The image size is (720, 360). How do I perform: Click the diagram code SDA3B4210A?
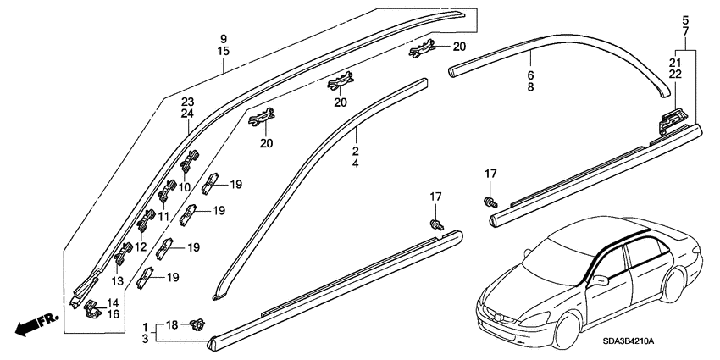click(x=629, y=342)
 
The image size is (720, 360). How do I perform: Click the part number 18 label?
click(x=171, y=325)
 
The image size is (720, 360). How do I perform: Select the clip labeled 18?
click(x=197, y=324)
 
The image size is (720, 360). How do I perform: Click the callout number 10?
click(x=184, y=187)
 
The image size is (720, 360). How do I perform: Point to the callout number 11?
click(x=164, y=216)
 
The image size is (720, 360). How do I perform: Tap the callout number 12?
click(x=141, y=247)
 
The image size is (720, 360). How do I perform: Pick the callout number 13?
click(x=118, y=281)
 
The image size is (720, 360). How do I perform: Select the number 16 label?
click(x=113, y=314)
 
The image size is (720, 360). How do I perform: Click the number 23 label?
click(x=187, y=102)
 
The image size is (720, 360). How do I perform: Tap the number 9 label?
click(x=223, y=39)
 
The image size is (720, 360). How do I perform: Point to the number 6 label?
click(x=530, y=75)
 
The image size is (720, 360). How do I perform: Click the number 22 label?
click(x=675, y=74)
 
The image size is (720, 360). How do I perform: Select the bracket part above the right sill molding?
click(x=672, y=121)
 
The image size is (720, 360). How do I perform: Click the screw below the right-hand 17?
click(x=490, y=201)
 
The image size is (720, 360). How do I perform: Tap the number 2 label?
click(x=356, y=151)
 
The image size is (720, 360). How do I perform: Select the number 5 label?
click(x=685, y=20)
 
